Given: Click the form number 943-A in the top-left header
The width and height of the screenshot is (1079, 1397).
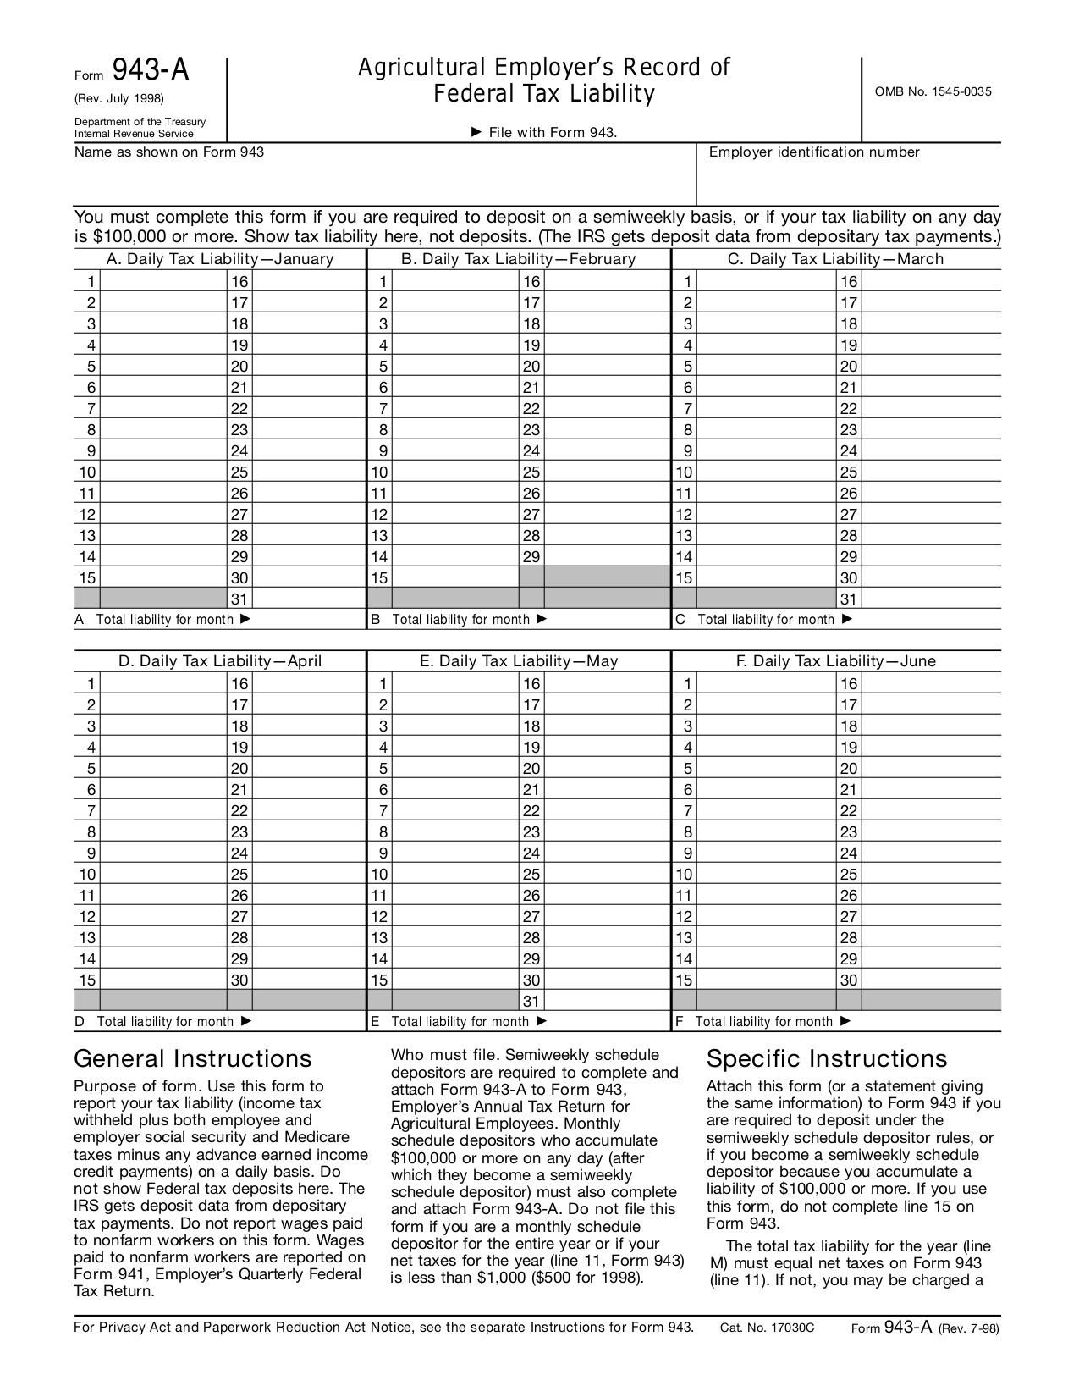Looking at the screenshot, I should coord(151,70).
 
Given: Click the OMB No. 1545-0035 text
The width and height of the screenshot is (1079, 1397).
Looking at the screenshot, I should coord(933,91).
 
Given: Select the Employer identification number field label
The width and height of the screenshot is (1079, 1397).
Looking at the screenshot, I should coord(813,152).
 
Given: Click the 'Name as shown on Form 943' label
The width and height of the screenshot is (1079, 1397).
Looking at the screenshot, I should coord(169,152).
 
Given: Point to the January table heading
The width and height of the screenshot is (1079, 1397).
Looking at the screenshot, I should coord(219,259).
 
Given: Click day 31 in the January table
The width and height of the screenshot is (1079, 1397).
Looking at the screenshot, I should coord(239,599).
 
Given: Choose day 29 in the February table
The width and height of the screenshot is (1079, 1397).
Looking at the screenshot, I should coord(531,557).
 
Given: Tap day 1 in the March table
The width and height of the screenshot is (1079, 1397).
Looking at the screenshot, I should coord(688,282).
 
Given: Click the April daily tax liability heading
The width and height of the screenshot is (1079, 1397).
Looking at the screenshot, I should coord(219,661).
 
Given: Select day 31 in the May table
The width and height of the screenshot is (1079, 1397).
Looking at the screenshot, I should coord(531,1002).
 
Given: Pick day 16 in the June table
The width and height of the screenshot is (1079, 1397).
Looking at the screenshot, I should coord(849,684).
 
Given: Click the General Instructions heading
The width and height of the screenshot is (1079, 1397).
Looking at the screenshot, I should coord(193,1059).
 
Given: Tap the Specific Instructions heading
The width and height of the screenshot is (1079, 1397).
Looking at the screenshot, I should coord(827,1059).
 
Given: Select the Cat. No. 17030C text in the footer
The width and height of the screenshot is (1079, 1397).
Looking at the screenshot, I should coord(767,1328).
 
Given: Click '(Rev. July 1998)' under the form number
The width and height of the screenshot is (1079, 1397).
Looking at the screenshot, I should coord(119,98).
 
